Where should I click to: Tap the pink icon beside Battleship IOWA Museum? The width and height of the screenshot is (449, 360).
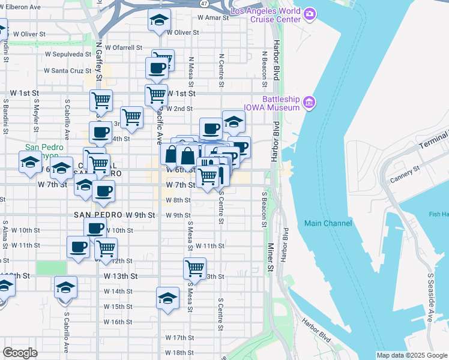coord(310,102)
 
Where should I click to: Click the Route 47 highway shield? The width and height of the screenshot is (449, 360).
coord(205,3)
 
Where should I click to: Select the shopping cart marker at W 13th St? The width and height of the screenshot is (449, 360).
coord(195,268)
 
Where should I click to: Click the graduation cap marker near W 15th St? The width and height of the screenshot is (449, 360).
coord(168,298)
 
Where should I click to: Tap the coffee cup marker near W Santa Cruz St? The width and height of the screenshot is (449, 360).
coord(157,67)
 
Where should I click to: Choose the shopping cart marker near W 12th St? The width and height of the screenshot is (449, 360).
coord(106,248)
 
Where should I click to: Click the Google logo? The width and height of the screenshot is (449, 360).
coord(20,353)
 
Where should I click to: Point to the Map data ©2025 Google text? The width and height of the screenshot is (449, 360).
coord(412,355)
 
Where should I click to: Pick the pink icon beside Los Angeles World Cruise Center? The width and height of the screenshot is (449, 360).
coord(310,13)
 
